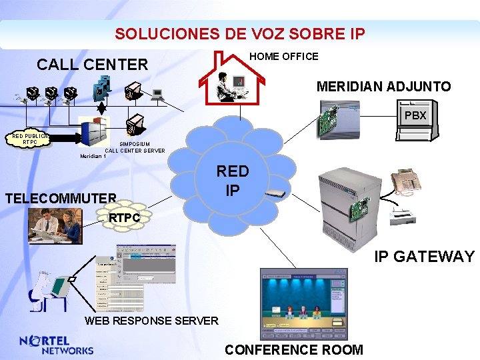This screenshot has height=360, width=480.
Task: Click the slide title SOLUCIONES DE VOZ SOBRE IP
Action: coord(239,33)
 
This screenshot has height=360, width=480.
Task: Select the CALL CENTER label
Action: coord(92,65)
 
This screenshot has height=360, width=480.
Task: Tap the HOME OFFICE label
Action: coord(283,57)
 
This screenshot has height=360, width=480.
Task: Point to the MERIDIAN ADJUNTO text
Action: coord(383,87)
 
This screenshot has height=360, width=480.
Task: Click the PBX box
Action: coord(415,115)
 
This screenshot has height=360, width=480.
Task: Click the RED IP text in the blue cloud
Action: coord(232,181)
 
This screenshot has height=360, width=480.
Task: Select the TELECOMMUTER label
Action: coord(61,198)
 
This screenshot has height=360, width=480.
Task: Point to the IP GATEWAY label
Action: coord(424,257)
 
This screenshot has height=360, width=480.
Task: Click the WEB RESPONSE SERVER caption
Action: coord(151,321)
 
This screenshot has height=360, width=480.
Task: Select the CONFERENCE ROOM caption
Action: coord(294,349)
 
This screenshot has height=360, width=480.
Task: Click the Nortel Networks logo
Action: coord(57,345)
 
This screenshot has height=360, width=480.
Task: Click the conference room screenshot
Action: coord(304,303)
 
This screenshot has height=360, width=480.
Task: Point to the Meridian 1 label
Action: coord(93,156)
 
